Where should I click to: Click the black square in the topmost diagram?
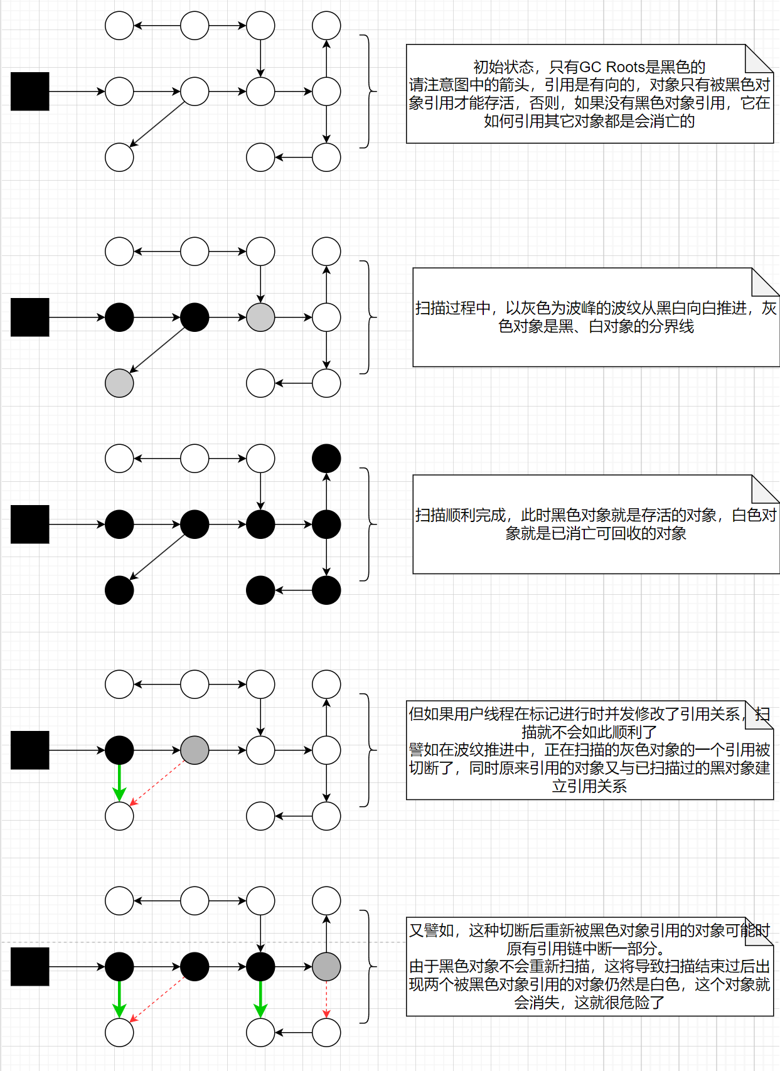(x=30, y=92)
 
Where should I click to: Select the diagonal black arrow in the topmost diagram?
(x=157, y=124)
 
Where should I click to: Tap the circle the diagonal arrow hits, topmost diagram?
(x=119, y=157)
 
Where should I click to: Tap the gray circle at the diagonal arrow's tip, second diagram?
(x=119, y=383)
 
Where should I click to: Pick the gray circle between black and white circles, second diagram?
(x=260, y=317)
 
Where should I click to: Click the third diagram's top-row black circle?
(x=326, y=459)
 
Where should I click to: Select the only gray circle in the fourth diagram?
(x=195, y=750)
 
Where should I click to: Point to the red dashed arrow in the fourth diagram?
(x=157, y=783)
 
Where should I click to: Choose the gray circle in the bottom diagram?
(x=326, y=967)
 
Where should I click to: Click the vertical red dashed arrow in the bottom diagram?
(x=326, y=999)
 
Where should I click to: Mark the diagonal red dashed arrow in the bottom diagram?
(x=157, y=999)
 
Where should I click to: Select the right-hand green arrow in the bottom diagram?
(x=260, y=999)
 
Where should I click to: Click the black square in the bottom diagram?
(x=30, y=967)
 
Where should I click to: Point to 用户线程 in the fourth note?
(x=491, y=714)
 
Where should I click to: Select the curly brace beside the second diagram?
(x=368, y=317)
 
